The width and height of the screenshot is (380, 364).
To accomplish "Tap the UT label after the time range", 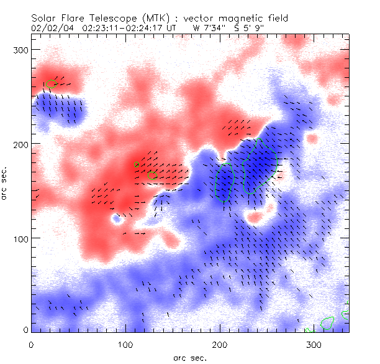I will [x=171, y=28].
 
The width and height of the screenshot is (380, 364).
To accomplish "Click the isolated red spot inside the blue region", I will [x=255, y=217].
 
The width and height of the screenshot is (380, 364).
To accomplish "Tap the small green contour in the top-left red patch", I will [x=49, y=84].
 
